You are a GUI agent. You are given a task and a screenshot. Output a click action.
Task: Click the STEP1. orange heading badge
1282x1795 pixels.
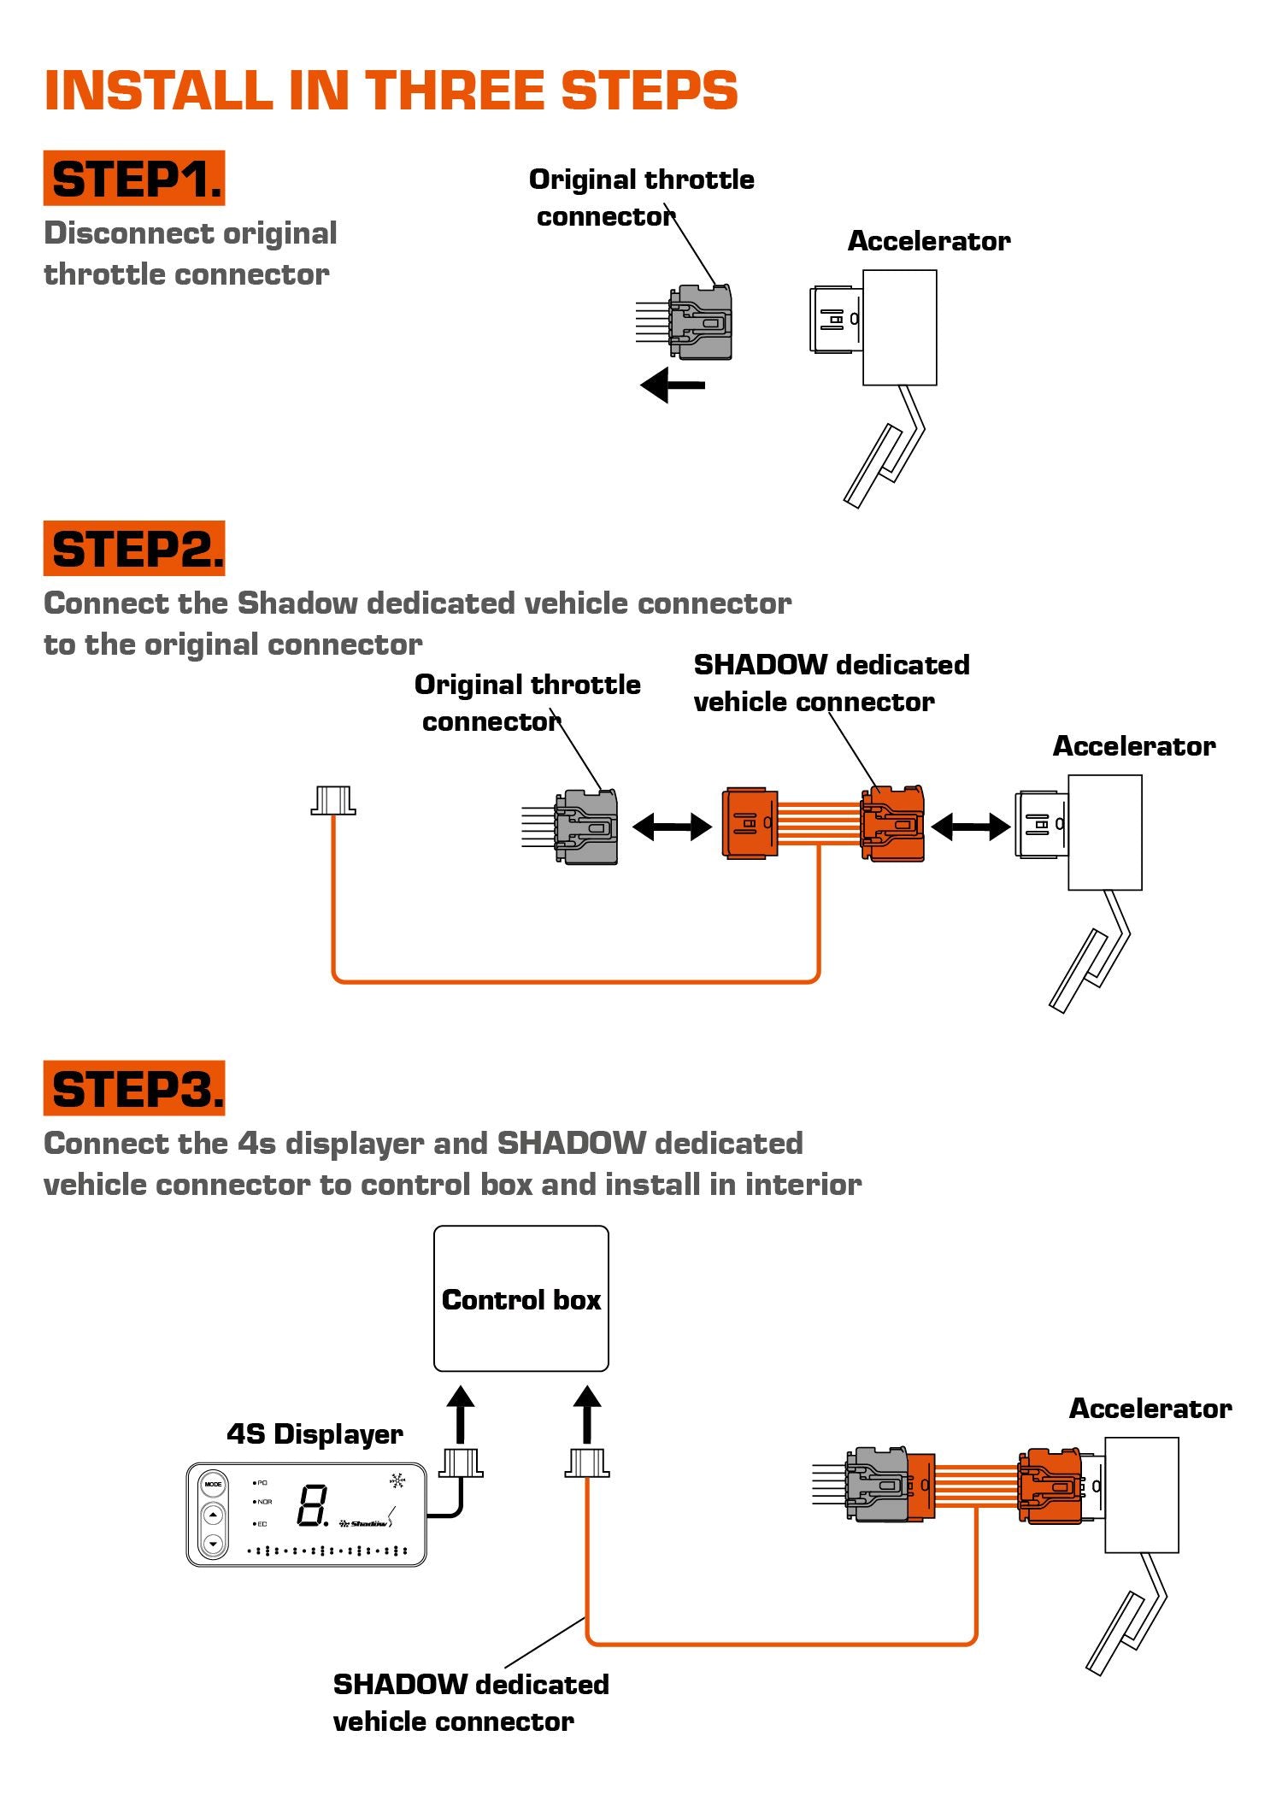134,179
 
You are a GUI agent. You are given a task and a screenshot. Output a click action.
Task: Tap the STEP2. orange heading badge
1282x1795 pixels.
134,549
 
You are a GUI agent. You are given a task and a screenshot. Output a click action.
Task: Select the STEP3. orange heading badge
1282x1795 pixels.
134,1089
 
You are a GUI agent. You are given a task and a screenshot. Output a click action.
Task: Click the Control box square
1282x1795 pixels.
520,1298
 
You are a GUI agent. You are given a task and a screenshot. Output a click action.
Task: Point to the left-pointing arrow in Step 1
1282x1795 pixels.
673,385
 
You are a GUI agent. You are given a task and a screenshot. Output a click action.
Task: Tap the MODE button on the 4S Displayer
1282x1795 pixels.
213,1484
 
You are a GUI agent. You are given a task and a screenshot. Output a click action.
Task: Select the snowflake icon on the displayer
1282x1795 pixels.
397,1480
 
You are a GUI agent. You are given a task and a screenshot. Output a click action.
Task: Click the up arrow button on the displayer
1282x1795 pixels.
213,1515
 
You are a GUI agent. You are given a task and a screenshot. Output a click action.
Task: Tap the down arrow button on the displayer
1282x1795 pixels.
213,1543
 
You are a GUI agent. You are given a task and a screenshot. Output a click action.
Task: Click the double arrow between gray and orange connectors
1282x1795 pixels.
672,826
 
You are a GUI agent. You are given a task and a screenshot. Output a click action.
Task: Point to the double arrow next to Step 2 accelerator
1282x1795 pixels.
970,826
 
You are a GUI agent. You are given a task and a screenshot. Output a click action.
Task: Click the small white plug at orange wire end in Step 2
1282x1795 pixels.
332,800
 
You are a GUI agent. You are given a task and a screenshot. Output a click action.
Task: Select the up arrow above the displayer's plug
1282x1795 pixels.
460,1414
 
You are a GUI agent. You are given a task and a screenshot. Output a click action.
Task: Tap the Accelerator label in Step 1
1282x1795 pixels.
928,241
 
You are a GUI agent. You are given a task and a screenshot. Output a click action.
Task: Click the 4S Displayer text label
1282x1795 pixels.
315,1433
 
